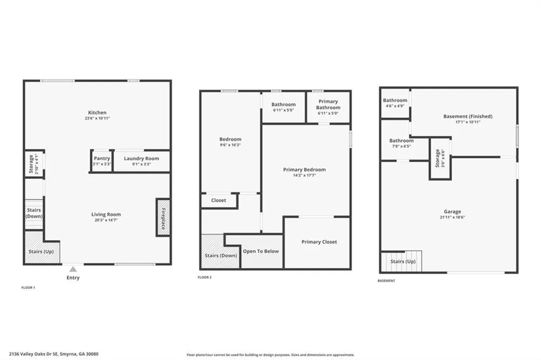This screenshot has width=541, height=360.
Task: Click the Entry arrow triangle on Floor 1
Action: pos(73,269)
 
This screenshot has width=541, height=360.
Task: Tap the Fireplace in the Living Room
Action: pos(163,217)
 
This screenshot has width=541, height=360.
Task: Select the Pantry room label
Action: pos(102,158)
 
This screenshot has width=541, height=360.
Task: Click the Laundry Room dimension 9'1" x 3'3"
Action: pos(141,164)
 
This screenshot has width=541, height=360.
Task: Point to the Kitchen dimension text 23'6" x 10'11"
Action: pos(97,118)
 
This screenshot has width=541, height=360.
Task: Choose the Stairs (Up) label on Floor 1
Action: pos(41,252)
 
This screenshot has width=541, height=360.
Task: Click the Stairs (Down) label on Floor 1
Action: pos(34,213)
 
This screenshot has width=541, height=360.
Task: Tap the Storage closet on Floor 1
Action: pos(34,164)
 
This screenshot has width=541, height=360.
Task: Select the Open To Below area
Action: pos(261,251)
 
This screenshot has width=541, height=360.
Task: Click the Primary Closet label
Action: pos(319,242)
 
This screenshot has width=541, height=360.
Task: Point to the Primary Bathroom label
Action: pos(328,104)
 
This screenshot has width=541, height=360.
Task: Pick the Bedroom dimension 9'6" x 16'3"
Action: pos(230,145)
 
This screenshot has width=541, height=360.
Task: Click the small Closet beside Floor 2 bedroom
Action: pos(219,201)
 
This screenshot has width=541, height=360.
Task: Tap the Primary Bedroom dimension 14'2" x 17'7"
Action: pos(304,176)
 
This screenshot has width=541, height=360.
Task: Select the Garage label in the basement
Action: pos(452,212)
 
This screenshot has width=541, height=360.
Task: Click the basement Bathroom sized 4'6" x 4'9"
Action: pos(395,103)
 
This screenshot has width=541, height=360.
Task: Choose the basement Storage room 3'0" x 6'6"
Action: pos(440,158)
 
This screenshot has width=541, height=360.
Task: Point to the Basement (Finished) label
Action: pos(468,117)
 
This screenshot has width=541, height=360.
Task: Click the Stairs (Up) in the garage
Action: pos(401,262)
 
